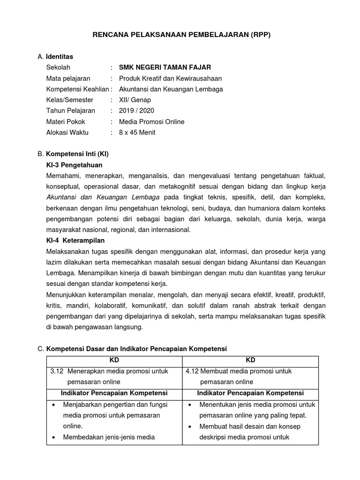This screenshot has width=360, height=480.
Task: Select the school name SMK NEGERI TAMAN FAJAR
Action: click(161, 67)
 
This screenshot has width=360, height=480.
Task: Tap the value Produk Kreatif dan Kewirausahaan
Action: click(170, 78)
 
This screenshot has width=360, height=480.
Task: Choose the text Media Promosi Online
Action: click(151, 121)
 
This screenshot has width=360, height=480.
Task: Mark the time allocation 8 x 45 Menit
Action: click(137, 132)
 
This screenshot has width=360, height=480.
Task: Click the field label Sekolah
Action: click(58, 67)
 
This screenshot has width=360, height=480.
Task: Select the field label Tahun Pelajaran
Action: click(70, 111)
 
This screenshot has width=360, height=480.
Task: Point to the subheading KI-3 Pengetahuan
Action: click(74, 165)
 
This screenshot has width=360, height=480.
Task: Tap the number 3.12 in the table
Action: click(57, 371)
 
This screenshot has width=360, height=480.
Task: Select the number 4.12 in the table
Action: click(192, 371)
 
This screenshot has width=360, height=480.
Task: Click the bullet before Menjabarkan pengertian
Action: click(54, 405)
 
